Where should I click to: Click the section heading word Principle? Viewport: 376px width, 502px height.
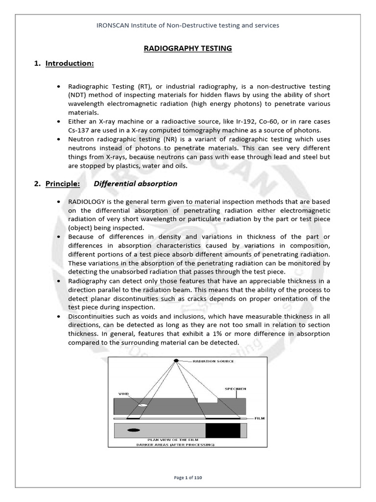[x=63, y=184]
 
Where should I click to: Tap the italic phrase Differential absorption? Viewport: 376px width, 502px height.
[x=135, y=184]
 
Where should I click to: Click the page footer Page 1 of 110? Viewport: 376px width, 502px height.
[x=188, y=477]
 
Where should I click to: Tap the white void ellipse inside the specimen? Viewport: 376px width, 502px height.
[x=142, y=405]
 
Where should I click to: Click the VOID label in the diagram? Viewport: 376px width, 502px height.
[x=123, y=393]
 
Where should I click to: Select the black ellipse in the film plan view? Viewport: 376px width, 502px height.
[x=133, y=430]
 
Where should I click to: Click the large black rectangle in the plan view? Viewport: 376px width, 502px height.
[x=223, y=430]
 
